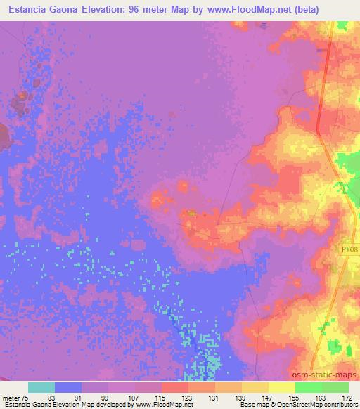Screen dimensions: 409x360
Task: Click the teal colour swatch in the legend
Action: point(41,387)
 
